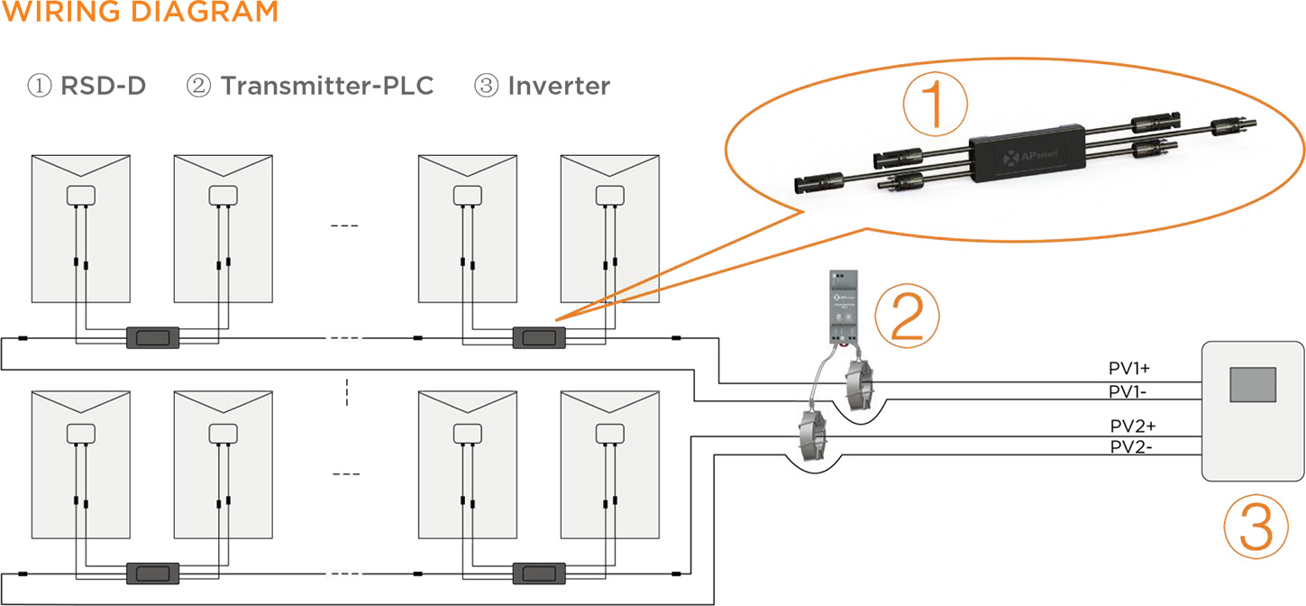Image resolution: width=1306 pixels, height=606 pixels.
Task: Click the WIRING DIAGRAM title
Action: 139,13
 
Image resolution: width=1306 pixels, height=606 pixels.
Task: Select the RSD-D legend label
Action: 87,87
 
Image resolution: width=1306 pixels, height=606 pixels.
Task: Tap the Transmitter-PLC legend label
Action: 311,87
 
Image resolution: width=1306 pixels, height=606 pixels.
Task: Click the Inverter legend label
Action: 543,87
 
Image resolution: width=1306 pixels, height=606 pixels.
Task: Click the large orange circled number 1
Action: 935,105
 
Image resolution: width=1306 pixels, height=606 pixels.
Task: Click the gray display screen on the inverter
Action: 1253,384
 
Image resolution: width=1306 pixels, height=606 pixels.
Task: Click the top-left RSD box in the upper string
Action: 151,338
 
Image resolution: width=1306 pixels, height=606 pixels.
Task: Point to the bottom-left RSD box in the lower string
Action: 151,573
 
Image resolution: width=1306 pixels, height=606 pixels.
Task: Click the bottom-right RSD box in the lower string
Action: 539,573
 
